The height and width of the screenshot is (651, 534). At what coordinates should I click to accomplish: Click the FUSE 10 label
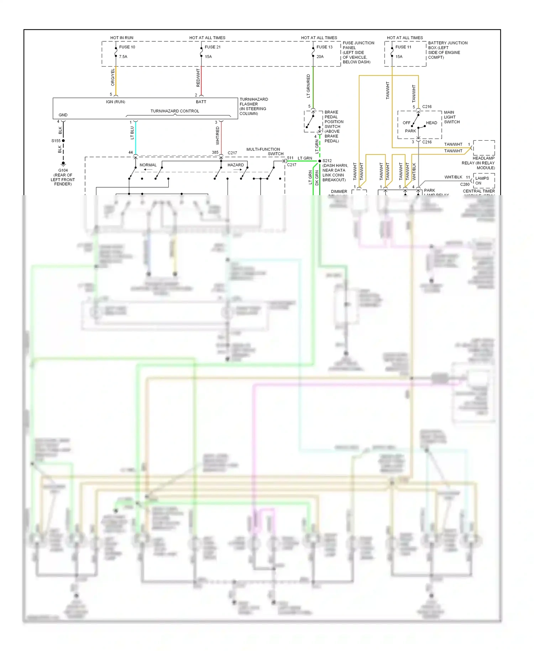click(127, 47)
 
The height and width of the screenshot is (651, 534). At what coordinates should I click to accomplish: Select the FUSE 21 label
click(213, 47)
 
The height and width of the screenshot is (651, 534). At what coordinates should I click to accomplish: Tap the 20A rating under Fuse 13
click(320, 57)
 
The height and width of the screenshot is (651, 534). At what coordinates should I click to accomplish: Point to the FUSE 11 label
click(403, 47)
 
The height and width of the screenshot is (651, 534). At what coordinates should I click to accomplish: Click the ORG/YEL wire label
click(113, 77)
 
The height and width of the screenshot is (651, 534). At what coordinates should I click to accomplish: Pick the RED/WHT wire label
click(198, 78)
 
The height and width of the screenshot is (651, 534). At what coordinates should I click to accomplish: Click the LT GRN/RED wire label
click(308, 86)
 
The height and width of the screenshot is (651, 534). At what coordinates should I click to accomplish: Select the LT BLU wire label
click(132, 132)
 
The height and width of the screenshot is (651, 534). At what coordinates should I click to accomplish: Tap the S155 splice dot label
click(56, 141)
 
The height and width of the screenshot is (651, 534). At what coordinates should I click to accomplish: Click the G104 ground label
click(63, 170)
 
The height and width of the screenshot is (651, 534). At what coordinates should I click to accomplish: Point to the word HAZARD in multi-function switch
click(236, 165)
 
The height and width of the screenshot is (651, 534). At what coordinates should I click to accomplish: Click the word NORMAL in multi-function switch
click(148, 165)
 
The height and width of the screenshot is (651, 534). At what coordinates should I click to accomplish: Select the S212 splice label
click(327, 161)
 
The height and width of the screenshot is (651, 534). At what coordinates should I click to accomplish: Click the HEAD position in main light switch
click(431, 123)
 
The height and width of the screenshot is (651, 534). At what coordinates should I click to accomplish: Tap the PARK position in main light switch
click(410, 131)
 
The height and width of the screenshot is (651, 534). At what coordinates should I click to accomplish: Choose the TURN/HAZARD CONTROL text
click(175, 111)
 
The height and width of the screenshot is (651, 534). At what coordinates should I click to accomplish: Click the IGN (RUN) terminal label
click(116, 102)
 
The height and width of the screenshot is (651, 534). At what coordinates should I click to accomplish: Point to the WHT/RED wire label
click(218, 136)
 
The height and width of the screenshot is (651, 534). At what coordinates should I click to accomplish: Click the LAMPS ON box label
click(482, 181)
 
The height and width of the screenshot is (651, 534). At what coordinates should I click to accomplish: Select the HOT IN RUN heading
click(122, 38)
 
